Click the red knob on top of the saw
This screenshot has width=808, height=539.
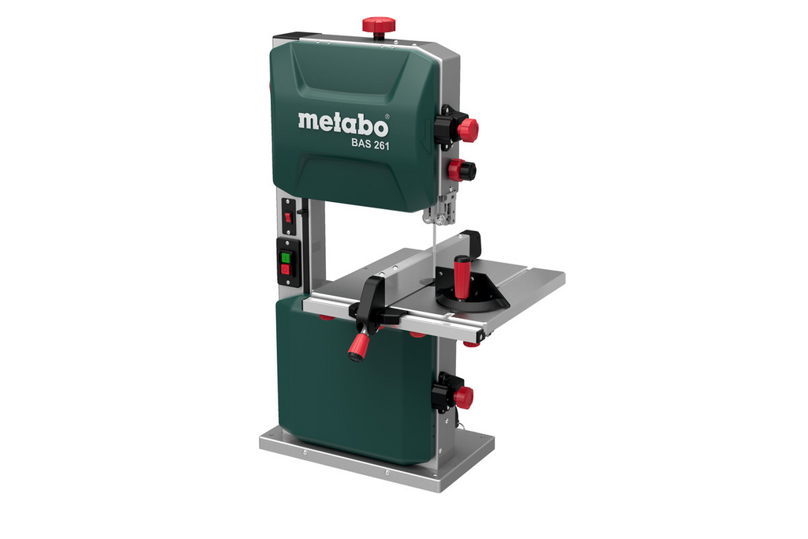point(378,25)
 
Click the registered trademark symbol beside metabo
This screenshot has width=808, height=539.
point(387,115)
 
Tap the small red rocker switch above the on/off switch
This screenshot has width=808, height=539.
point(289,216)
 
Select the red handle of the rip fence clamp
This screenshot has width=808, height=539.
point(359,346)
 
